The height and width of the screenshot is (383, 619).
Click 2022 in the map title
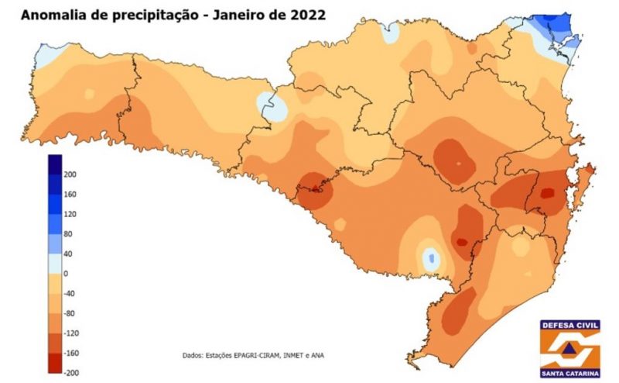(303, 15)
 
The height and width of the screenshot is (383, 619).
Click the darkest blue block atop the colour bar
(55, 164)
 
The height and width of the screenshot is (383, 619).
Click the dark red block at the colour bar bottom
(55, 363)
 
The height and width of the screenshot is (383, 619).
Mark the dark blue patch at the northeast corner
(561, 29)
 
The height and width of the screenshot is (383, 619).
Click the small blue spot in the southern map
(430, 257)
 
